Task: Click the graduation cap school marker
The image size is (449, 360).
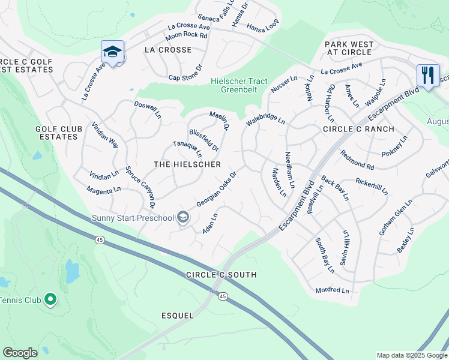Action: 112,52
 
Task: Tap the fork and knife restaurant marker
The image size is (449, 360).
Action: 427,76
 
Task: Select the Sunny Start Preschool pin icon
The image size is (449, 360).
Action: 183,218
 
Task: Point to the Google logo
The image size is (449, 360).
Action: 20,353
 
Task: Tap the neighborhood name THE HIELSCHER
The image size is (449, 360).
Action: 187,164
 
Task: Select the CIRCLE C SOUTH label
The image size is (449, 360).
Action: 221,275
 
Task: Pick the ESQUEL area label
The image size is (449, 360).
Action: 178,315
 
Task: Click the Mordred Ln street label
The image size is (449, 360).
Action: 332,290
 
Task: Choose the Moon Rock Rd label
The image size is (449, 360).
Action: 187,35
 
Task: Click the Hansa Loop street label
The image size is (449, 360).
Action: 263,28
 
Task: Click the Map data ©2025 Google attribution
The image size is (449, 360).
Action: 412,355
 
